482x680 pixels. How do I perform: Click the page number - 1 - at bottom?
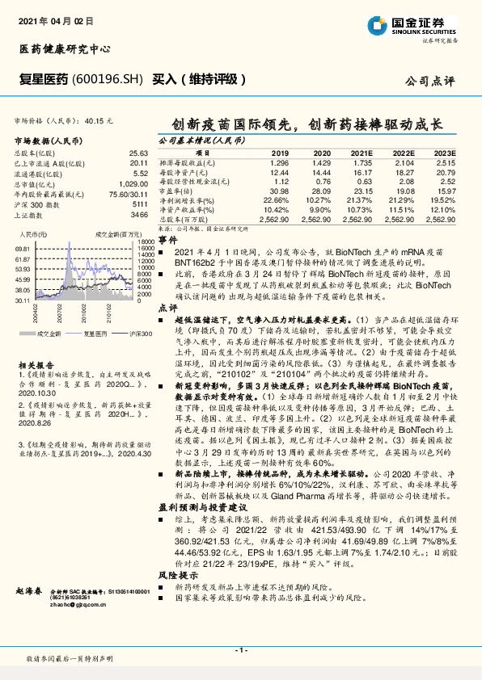(x=240, y=649)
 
